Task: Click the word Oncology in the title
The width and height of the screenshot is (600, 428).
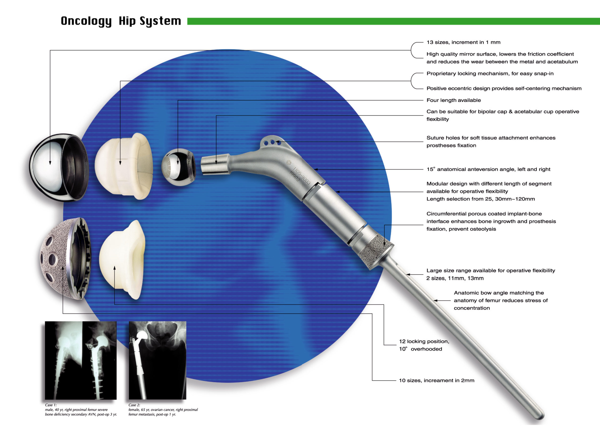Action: pos(86,21)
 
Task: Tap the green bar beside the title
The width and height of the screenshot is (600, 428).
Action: pos(393,21)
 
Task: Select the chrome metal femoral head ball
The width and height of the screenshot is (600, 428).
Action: pos(179,167)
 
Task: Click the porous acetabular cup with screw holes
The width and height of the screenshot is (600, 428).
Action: pos(65,258)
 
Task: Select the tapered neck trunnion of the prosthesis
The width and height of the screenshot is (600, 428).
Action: pos(215,164)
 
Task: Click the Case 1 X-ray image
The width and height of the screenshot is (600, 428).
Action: pos(80,360)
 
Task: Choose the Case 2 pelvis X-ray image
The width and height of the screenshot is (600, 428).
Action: pos(157,360)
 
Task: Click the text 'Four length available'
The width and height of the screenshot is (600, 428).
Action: pos(454,100)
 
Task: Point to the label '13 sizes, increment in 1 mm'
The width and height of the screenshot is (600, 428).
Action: pos(463,42)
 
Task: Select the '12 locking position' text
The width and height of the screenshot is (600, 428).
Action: pos(424,341)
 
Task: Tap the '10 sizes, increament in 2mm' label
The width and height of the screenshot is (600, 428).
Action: pos(437,380)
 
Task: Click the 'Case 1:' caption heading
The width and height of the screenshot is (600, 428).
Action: pos(51,405)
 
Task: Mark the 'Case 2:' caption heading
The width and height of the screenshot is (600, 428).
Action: pos(134,405)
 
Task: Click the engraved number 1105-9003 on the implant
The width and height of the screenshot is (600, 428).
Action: pos(302,176)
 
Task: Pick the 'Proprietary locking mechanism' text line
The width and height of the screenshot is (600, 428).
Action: pos(490,73)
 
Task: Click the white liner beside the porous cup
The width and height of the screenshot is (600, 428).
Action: pos(122,260)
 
